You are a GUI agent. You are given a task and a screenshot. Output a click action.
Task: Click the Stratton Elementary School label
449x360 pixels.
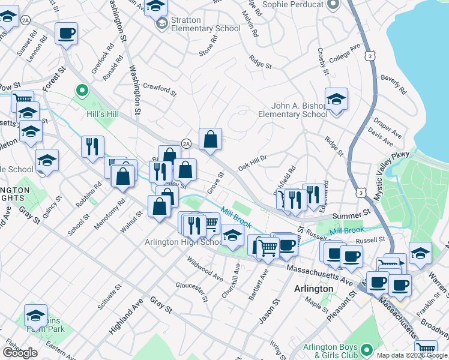pyautogui.click(x=197, y=24)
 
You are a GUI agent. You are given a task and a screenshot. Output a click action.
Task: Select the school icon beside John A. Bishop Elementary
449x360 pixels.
pyautogui.click(x=336, y=99)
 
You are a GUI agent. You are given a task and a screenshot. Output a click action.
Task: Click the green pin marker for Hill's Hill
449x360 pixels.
pyautogui.click(x=82, y=91)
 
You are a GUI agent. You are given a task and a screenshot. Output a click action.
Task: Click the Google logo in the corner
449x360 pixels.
pyautogui.click(x=20, y=353)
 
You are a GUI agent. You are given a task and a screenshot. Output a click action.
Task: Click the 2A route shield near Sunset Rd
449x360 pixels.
pyautogui.click(x=25, y=20)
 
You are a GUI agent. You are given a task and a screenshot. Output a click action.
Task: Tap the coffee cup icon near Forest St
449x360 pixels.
pyautogui.click(x=67, y=32)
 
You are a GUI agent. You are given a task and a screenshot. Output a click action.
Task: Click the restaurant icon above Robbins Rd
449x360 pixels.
pyautogui.click(x=92, y=146)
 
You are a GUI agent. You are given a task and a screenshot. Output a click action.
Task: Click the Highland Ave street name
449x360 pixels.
pyautogui.click(x=127, y=319)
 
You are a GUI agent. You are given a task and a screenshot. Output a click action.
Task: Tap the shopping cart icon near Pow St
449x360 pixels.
pyautogui.click(x=22, y=100)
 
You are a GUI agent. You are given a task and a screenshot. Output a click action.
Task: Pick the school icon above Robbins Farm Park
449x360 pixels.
pyautogui.click(x=35, y=315)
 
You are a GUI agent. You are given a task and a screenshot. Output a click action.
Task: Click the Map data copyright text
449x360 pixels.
pyautogui.click(x=412, y=355)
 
